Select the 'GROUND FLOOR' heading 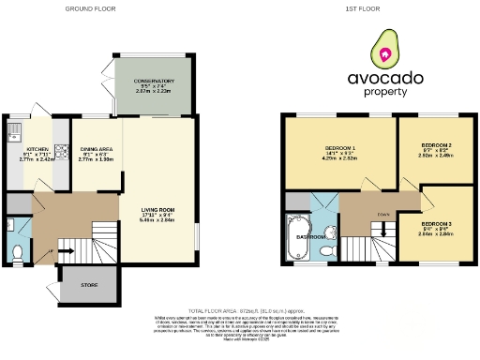90,8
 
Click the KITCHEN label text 37,149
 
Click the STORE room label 89,283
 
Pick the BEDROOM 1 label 340,149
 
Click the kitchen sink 17,127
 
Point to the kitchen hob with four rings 61,149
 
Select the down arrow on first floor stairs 383,226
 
